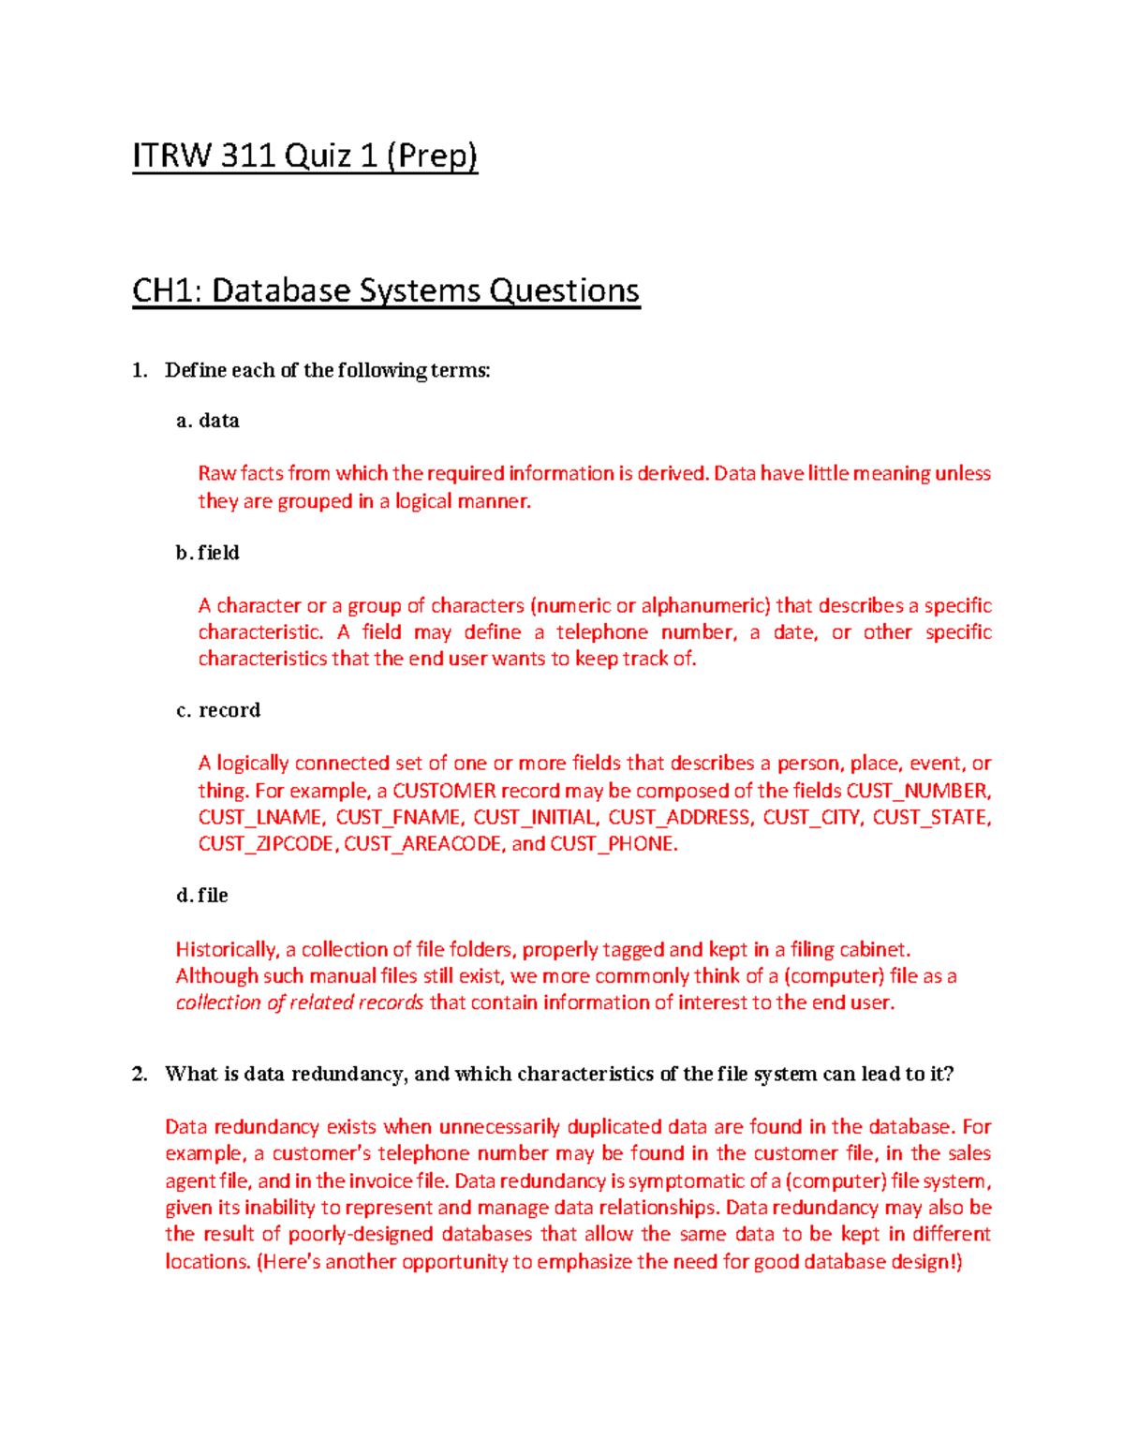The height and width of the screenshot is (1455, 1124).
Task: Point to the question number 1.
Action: point(139,371)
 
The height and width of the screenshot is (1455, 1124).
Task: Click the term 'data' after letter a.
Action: point(219,421)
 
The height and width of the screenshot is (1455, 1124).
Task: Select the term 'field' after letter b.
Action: point(219,553)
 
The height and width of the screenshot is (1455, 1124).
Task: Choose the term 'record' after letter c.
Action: point(229,710)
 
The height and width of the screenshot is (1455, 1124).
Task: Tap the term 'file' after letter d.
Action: point(214,896)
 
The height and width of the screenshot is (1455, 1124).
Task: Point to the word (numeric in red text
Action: point(569,605)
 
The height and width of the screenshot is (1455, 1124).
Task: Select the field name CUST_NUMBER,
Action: point(918,790)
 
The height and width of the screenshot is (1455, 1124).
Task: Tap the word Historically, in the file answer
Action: point(228,949)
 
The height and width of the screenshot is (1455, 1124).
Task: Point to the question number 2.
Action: point(140,1075)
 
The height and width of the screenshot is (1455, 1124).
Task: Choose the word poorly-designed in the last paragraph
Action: point(361,1234)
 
